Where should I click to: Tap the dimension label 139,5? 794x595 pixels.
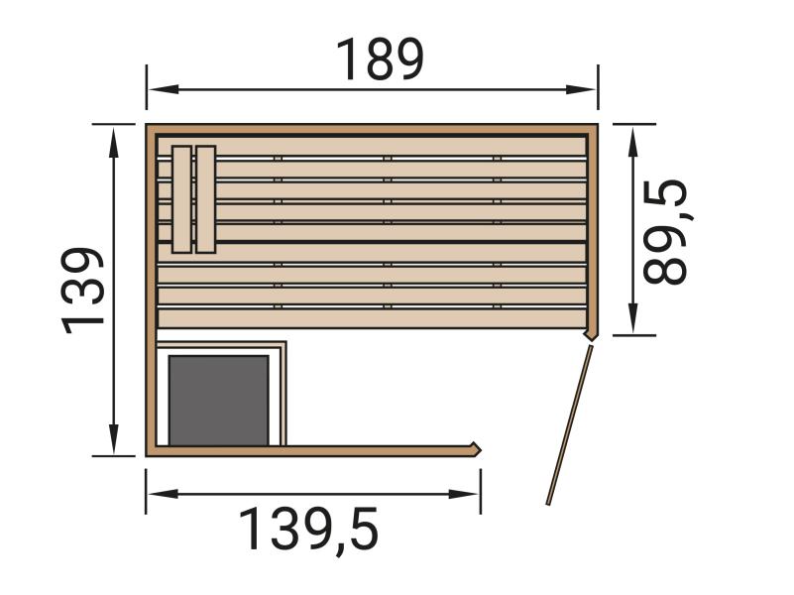pyautogui.click(x=310, y=530)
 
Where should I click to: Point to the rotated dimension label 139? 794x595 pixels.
pyautogui.click(x=85, y=291)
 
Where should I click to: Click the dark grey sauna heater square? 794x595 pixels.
pyautogui.click(x=218, y=400)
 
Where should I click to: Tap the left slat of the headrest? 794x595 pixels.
pyautogui.click(x=181, y=198)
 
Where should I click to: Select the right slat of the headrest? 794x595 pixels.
pyautogui.click(x=205, y=198)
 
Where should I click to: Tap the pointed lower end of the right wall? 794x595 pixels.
pyautogui.click(x=592, y=335)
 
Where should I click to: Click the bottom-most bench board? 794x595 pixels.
pyautogui.click(x=372, y=318)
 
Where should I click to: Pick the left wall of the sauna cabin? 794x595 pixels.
pyautogui.click(x=152, y=297)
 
